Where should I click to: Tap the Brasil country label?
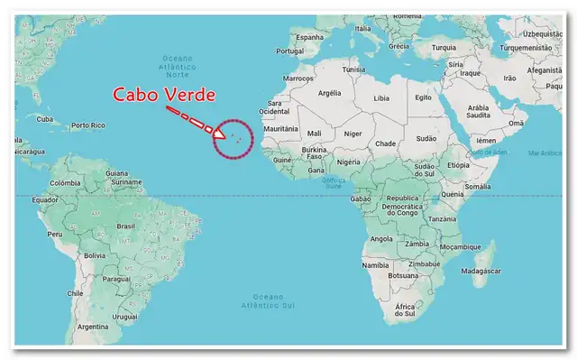coord(125,226)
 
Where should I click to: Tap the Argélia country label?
coord(330,92)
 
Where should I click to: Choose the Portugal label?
coord(290,51)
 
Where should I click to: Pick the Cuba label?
coord(42,118)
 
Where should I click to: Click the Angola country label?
coord(381,239)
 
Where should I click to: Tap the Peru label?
coord(55,233)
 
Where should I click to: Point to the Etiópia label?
coord(458,165)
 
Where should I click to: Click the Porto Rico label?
coord(89,125)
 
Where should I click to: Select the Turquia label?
coord(444,49)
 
